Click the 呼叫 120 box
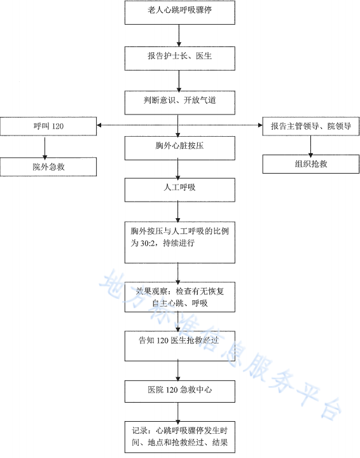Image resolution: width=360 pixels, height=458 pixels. pyautogui.click(x=48, y=127)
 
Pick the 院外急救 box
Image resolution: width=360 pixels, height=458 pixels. pyautogui.click(x=48, y=167)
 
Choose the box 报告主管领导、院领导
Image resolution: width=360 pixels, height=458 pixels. pyautogui.click(x=310, y=127)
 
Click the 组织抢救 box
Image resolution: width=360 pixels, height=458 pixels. pyautogui.click(x=310, y=164)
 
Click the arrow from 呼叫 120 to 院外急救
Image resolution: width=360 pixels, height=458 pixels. pyautogui.click(x=45, y=146)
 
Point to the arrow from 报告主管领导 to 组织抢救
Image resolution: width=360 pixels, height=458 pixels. pyautogui.click(x=310, y=145)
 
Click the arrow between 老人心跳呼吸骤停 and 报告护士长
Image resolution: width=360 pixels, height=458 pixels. pyautogui.click(x=179, y=34)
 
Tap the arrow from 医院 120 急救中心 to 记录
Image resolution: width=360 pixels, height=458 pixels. pyautogui.click(x=179, y=410)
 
